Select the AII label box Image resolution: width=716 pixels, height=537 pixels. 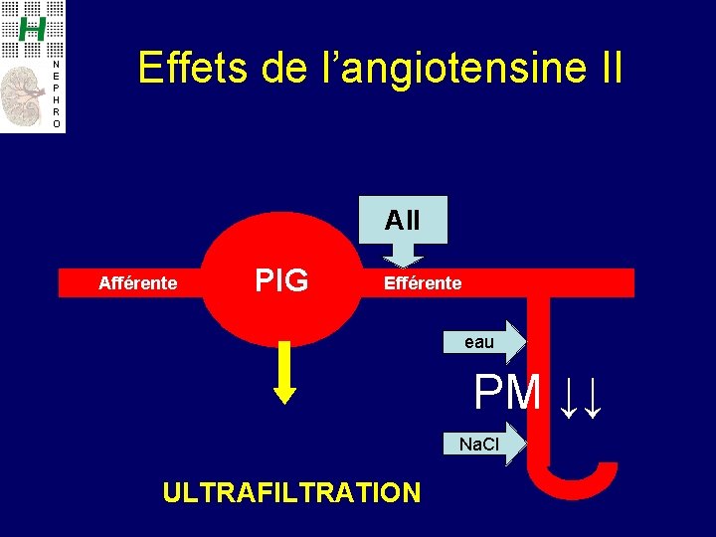(x=402, y=220)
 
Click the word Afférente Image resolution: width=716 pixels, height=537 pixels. (x=138, y=283)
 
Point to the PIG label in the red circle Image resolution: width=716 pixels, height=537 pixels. (x=281, y=281)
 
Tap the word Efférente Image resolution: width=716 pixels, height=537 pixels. (x=423, y=283)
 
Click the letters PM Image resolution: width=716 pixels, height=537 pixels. (x=507, y=393)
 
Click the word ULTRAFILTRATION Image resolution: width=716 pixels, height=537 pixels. (x=291, y=491)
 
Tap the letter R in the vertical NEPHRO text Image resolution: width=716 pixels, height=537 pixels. (x=56, y=112)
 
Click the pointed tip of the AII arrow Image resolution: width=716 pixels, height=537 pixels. (x=402, y=266)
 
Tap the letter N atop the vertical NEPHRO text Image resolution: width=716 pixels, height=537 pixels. (x=56, y=65)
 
